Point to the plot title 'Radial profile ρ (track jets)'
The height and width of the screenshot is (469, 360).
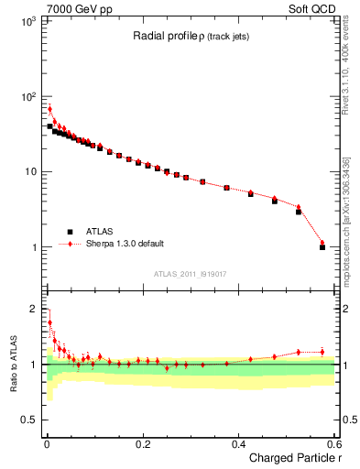[x=187, y=37]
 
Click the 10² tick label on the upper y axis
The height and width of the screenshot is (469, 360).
[x=27, y=96]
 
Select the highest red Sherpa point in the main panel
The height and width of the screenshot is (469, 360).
[x=49, y=109]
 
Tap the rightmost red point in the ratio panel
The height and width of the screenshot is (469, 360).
[x=322, y=352]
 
